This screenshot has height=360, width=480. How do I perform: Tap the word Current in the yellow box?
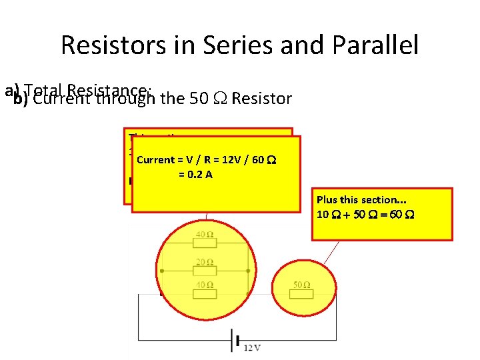pyautogui.click(x=155, y=160)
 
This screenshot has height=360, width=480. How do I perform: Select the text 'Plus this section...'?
pyautogui.click(x=361, y=200)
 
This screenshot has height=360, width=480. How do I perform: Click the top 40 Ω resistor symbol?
pyautogui.click(x=205, y=243)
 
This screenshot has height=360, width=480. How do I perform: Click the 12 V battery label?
pyautogui.click(x=252, y=347)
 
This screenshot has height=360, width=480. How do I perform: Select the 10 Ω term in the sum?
pyautogui.click(x=325, y=215)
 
